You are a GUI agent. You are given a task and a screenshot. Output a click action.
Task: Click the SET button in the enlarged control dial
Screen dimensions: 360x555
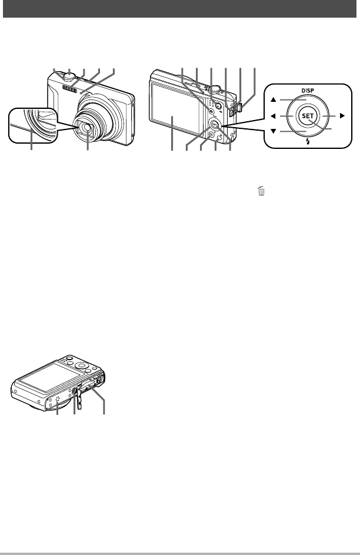308,116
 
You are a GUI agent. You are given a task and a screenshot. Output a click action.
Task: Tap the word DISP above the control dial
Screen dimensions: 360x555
308,91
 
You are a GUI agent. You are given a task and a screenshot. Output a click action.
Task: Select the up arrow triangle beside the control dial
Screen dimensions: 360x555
274,100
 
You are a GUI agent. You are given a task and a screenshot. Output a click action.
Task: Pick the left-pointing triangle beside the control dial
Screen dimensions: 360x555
273,116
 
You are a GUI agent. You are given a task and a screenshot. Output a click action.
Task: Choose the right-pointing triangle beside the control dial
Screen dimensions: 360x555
342,115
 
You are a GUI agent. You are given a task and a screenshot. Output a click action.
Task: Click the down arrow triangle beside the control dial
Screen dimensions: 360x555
274,131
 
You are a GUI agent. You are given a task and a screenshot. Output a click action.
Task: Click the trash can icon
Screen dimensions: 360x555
261,191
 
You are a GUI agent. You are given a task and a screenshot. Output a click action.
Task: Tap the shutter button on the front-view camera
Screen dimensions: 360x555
70,75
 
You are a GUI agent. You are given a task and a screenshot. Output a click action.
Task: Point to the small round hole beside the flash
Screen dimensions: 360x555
81,92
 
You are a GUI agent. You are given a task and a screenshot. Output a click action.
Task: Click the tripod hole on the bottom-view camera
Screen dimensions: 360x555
75,390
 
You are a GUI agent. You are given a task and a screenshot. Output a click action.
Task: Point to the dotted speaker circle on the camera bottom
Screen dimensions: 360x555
56,400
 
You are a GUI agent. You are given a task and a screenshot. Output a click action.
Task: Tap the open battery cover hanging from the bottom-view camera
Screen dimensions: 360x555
78,399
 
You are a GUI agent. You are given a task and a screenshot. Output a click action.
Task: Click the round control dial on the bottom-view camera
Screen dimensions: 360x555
82,365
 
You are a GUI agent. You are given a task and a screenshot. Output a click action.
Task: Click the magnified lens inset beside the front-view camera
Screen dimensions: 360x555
32,125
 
